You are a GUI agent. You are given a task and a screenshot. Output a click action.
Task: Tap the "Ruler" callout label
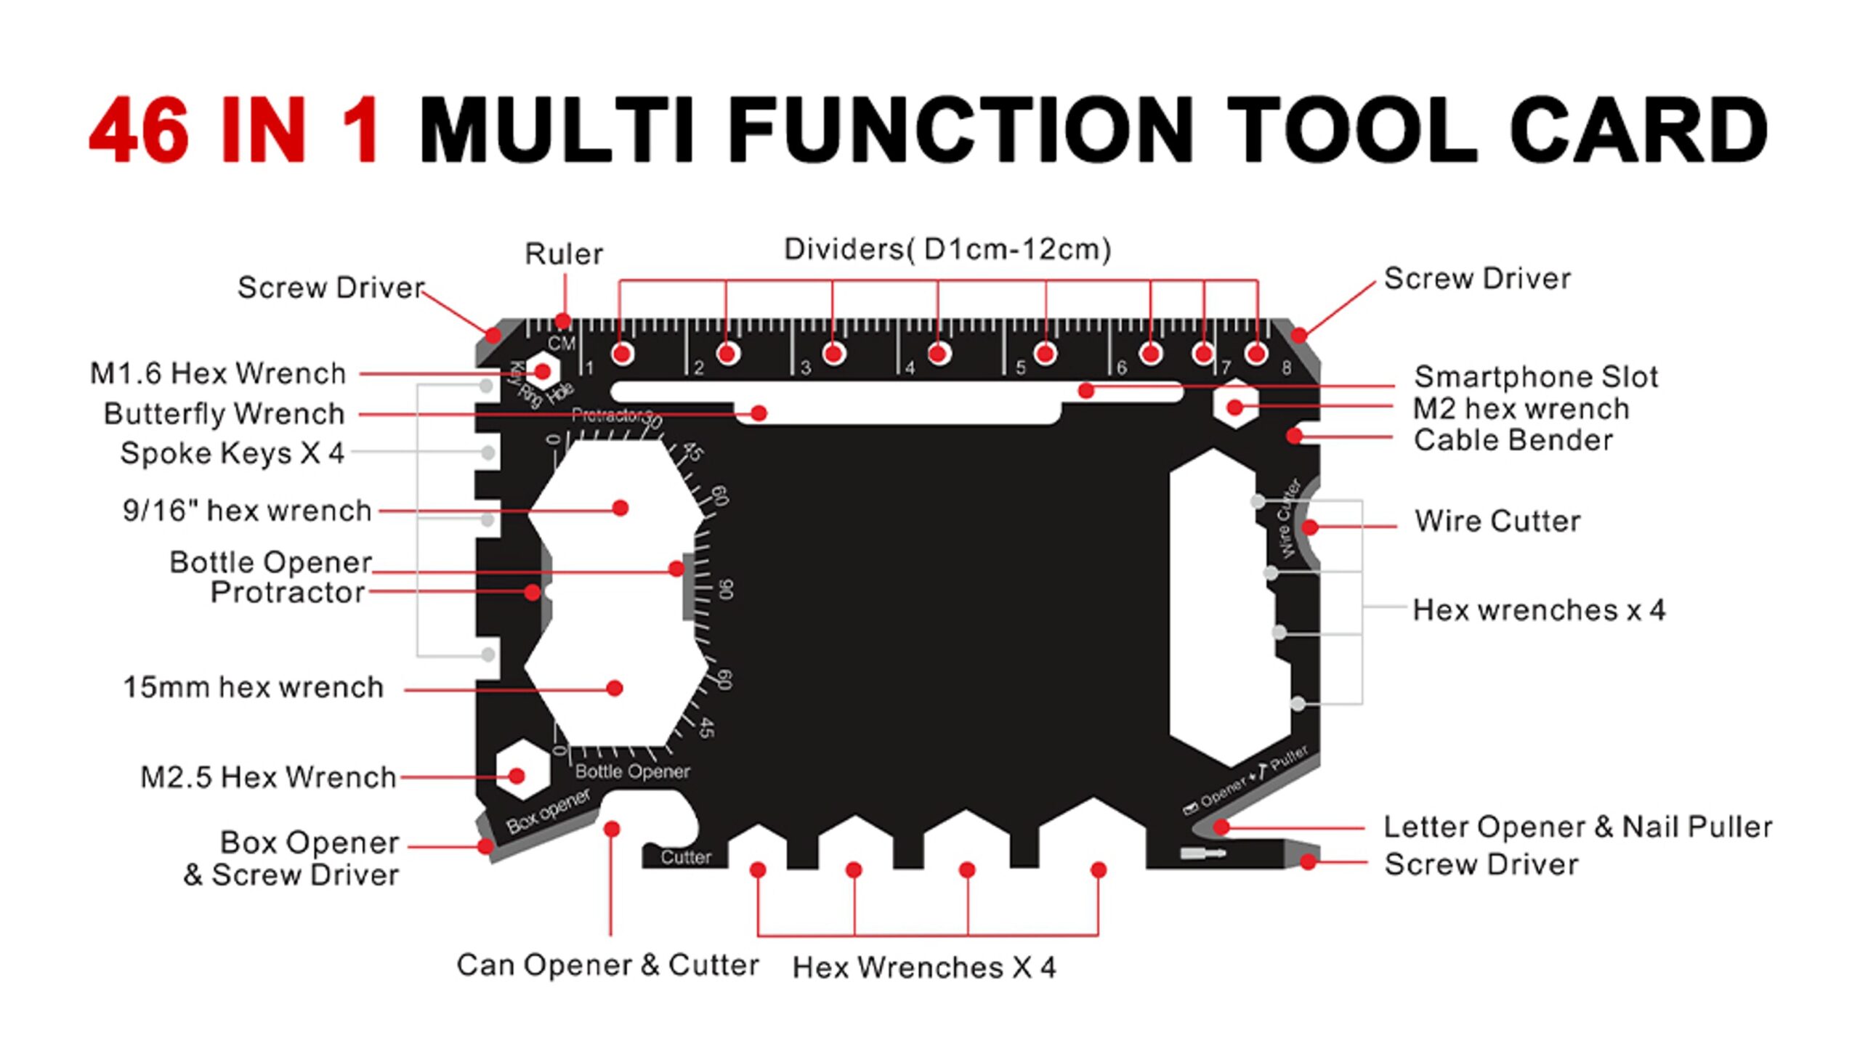pos(564,254)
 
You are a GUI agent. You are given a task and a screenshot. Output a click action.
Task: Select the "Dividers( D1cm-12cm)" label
pos(947,249)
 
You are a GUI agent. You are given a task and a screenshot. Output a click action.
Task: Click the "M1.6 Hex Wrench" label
pos(218,373)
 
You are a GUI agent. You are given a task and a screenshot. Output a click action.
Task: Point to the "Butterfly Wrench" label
pos(224,413)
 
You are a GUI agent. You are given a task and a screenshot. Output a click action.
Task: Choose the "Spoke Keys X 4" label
pos(232,453)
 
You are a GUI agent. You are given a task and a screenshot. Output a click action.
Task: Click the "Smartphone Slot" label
pos(1536,376)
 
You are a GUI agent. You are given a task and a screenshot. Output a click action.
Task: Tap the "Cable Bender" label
pos(1513,439)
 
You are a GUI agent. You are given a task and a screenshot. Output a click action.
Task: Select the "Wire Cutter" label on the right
pos(1497,521)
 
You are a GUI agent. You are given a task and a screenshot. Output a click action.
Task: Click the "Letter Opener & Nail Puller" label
pos(1577,827)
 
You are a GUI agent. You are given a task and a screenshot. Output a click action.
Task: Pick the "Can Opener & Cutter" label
pos(607,965)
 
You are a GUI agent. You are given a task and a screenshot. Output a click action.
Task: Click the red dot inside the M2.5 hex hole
pos(517,776)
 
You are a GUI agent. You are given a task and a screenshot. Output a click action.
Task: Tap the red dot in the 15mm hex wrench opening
pos(615,688)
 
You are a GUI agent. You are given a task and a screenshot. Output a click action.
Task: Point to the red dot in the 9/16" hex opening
pos(620,508)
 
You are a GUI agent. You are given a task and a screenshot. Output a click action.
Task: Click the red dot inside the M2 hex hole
pos(1234,407)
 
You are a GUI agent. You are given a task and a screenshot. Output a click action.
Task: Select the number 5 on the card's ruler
pos(1021,368)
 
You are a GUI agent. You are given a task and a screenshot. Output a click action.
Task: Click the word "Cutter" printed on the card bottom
pos(686,857)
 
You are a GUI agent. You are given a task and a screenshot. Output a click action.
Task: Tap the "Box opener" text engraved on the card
pos(548,811)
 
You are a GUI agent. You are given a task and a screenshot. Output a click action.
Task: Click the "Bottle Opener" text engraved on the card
pos(632,771)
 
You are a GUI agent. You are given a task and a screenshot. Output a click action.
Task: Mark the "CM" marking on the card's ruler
pos(562,344)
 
